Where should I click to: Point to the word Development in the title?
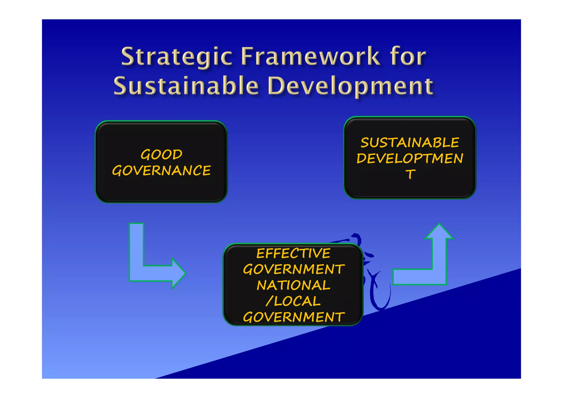pos(350,86)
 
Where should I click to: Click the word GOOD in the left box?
pos(161,154)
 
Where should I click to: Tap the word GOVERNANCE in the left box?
pos(161,171)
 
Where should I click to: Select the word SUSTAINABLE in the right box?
pos(410,143)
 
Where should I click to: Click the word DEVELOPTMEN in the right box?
pos(410,159)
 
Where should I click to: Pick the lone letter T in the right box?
pos(410,174)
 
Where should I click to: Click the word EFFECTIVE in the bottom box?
pos(293,253)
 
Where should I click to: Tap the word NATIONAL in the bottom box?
pos(293,285)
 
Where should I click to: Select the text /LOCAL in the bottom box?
pos(293,301)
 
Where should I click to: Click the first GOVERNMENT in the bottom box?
pos(293,269)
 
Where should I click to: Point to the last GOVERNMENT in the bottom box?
pos(293,317)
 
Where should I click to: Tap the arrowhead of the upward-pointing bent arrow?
pos(439,232)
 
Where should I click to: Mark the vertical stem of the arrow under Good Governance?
pos(136,245)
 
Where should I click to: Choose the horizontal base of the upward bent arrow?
pos(412,277)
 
